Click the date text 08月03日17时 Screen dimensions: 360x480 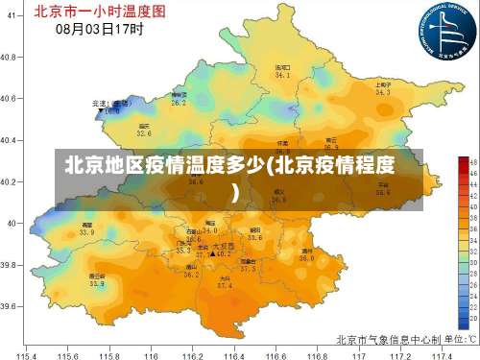tap(100, 29)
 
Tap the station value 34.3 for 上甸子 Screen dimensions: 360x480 tap(383, 93)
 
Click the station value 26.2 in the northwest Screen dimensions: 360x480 tap(179, 102)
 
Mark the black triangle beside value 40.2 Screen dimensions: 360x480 tap(212, 253)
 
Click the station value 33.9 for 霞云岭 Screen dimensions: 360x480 tap(86, 233)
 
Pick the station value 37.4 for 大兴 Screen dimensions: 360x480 tap(224, 285)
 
